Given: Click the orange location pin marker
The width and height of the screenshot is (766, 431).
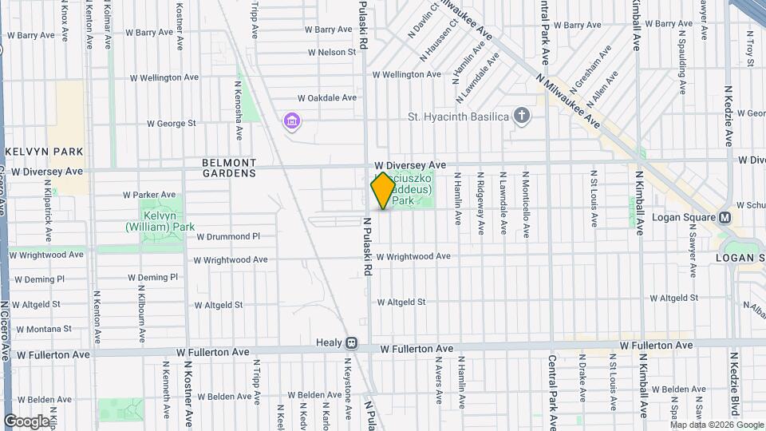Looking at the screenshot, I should click(383, 190).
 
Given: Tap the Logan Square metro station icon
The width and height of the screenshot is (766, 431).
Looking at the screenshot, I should click(725, 218).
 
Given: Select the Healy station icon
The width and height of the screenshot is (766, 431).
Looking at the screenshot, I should click(351, 342).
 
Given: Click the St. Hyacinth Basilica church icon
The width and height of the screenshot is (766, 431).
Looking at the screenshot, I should click(522, 117).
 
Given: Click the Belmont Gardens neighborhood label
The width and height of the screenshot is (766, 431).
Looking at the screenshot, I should click(229, 168).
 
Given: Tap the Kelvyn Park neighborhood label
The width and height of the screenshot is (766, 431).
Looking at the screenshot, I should click(34, 151).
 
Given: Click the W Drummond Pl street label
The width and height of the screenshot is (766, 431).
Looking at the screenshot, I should click(228, 236).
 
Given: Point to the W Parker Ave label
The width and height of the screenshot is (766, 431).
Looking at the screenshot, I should click(149, 194).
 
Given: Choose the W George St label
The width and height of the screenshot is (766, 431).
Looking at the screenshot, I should click(172, 124).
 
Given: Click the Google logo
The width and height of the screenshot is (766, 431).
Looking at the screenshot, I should click(26, 421).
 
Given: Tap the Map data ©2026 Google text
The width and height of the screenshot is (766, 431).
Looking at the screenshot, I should click(716, 425).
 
